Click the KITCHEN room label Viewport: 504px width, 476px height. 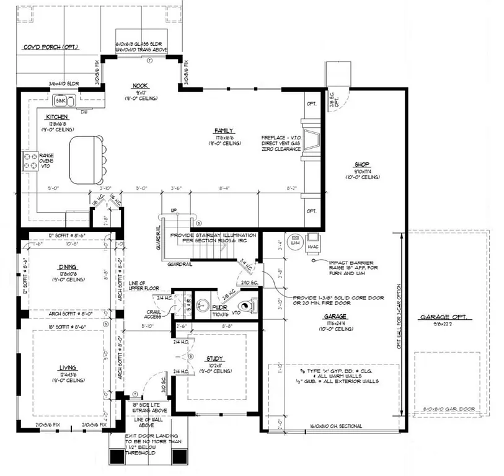tap(56, 117)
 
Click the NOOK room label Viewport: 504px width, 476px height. tap(141, 86)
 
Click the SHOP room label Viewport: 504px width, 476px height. tap(362, 164)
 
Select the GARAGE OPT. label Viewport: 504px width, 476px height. tap(446, 317)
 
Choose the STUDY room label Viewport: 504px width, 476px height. tap(216, 358)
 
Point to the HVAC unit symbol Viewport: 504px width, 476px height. tap(314, 239)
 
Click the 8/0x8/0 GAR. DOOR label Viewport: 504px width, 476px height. tap(449, 409)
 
